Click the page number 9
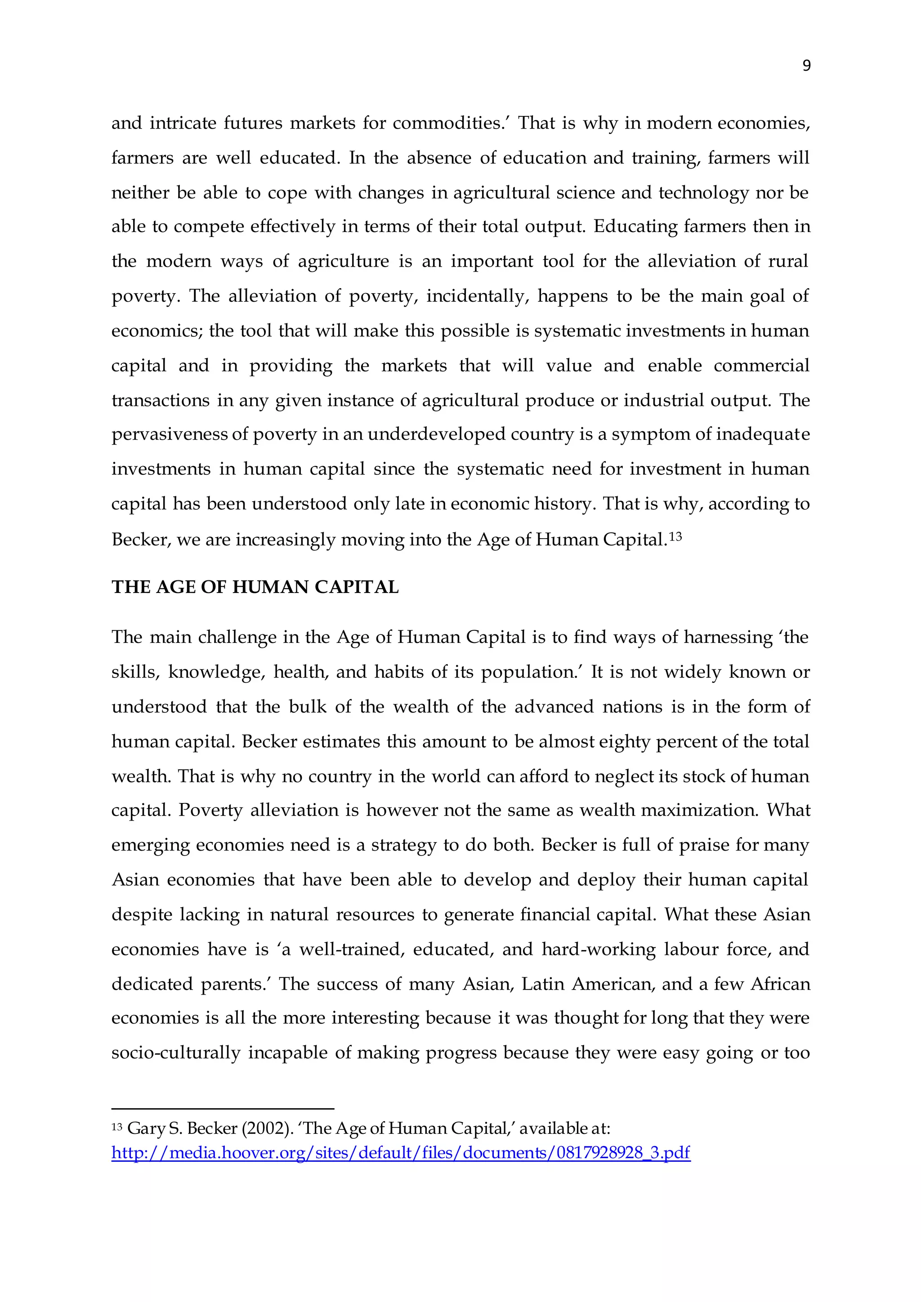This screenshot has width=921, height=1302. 806,66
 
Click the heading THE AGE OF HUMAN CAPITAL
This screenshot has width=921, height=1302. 255,587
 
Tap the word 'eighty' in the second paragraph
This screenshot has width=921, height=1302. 624,742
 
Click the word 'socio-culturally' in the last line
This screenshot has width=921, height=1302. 176,1052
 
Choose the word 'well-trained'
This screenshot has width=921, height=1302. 352,949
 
